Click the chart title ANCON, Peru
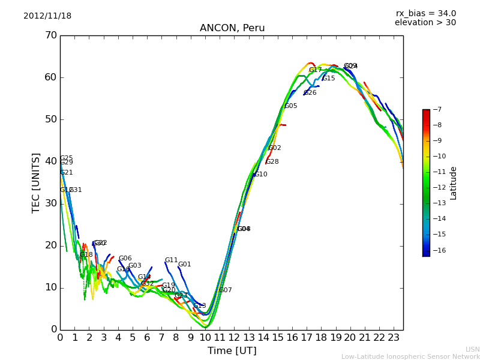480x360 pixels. click(232, 28)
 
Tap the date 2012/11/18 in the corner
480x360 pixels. click(47, 16)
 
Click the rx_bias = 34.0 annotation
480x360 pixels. click(426, 14)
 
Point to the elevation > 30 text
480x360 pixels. click(425, 23)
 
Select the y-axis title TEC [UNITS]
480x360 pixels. click(36, 182)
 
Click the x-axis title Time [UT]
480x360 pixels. click(232, 351)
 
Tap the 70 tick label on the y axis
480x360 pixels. click(50, 35)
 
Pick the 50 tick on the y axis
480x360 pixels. click(50, 119)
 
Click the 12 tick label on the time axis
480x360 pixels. click(234, 337)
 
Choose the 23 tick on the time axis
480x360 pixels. click(394, 337)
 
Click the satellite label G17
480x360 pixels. click(316, 70)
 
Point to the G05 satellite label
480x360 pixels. click(291, 106)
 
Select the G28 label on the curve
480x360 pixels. click(272, 162)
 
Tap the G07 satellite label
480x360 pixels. click(226, 290)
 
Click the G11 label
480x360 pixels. click(172, 260)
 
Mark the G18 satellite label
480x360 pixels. click(86, 255)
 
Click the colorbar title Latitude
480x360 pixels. click(454, 183)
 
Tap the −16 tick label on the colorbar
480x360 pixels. click(438, 250)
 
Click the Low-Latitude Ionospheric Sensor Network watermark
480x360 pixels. click(410, 357)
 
